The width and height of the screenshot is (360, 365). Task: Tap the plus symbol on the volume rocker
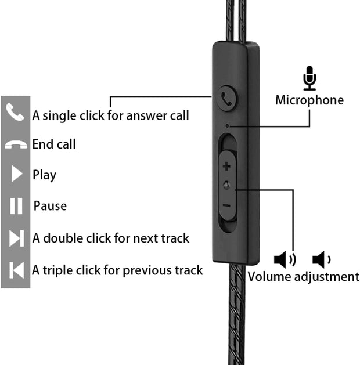(x=226, y=167)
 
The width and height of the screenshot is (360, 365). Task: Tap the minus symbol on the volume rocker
(x=226, y=205)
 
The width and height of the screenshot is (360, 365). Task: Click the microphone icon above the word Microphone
(x=310, y=78)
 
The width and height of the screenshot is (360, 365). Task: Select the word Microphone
(x=309, y=100)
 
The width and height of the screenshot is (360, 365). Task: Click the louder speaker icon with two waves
(x=284, y=259)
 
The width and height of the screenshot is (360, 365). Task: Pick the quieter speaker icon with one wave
(x=321, y=259)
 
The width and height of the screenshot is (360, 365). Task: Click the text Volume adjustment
(x=303, y=276)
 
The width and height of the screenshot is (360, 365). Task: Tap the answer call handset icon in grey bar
(x=15, y=112)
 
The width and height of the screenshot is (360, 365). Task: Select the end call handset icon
(x=15, y=144)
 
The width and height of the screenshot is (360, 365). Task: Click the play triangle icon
(x=16, y=174)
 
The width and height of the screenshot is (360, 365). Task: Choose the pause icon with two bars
(x=16, y=206)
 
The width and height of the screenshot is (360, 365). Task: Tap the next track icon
(x=16, y=238)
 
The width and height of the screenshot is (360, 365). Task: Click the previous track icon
(x=16, y=270)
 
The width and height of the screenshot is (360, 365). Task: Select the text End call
(x=54, y=144)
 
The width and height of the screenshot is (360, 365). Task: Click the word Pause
(x=50, y=206)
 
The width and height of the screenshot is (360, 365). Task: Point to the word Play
(x=44, y=175)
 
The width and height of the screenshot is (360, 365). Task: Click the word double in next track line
(x=63, y=238)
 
